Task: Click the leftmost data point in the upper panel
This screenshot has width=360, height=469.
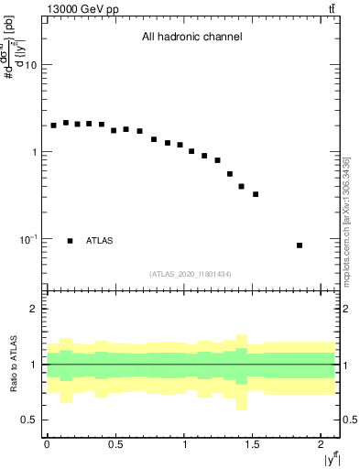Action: [53, 125]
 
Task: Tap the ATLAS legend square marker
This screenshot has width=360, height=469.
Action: [70, 241]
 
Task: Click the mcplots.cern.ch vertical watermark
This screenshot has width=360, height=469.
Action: [346, 220]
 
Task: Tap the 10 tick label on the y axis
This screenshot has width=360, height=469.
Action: [31, 66]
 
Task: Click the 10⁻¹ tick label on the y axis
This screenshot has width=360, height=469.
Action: [27, 239]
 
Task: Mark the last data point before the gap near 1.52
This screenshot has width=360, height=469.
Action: [256, 194]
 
